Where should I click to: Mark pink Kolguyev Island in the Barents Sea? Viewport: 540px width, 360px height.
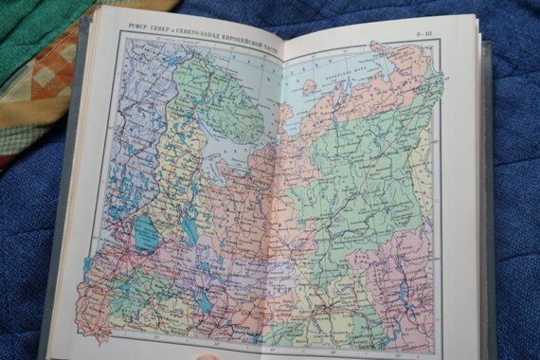click(310, 86)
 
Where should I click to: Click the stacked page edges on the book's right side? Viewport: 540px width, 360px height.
click(484, 189)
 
